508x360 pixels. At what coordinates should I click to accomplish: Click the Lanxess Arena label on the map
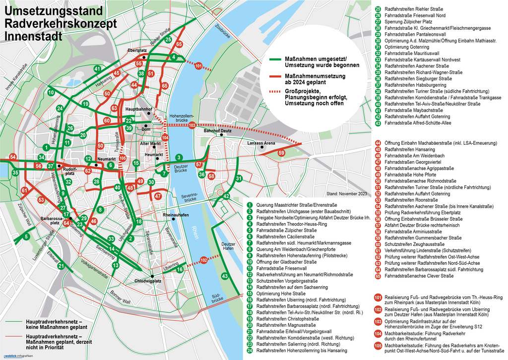[x=261, y=143]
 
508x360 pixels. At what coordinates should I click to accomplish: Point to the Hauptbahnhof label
[x=138, y=109]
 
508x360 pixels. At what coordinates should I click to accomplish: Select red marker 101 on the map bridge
[x=198, y=65]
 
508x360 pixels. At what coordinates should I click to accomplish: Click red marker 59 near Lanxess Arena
[x=281, y=153]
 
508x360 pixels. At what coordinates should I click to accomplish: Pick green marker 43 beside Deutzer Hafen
[x=224, y=276]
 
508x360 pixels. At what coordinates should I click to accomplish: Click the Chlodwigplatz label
[x=148, y=281]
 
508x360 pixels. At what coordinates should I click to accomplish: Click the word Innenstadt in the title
[x=33, y=36]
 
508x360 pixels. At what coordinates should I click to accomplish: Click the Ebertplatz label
[x=137, y=51]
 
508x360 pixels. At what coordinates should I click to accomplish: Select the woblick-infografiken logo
[x=17, y=356]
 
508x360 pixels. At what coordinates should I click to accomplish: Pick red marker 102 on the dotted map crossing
[x=204, y=259]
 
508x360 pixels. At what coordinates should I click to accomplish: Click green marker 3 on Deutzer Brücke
[x=178, y=158]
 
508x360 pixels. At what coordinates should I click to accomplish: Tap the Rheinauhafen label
[x=176, y=215]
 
